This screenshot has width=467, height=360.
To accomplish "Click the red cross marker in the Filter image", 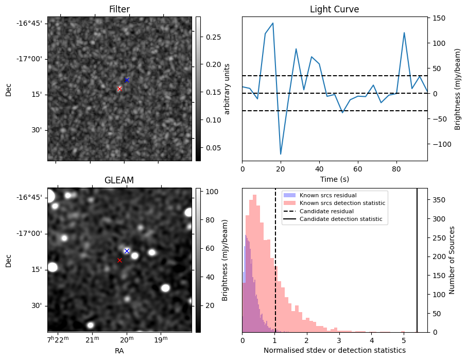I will (x=119, y=89).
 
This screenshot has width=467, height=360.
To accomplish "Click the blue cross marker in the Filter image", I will (x=127, y=80).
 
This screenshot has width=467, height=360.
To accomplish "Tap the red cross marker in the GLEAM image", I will (x=119, y=260).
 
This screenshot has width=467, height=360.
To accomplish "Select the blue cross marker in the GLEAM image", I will (x=127, y=251).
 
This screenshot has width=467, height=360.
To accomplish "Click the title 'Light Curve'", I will (x=334, y=9).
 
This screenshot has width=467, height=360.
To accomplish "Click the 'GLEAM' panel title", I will (x=119, y=180).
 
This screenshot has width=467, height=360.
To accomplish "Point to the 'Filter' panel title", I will (x=119, y=9).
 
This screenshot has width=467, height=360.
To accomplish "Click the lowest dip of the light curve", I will (x=281, y=154).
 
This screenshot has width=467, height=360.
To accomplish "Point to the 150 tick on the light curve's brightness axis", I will (x=437, y=18).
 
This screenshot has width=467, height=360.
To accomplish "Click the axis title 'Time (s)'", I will (x=334, y=179).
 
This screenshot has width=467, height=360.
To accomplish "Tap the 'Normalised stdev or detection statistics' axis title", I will (x=334, y=350).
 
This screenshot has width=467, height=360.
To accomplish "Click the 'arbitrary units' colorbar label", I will (x=227, y=89).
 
